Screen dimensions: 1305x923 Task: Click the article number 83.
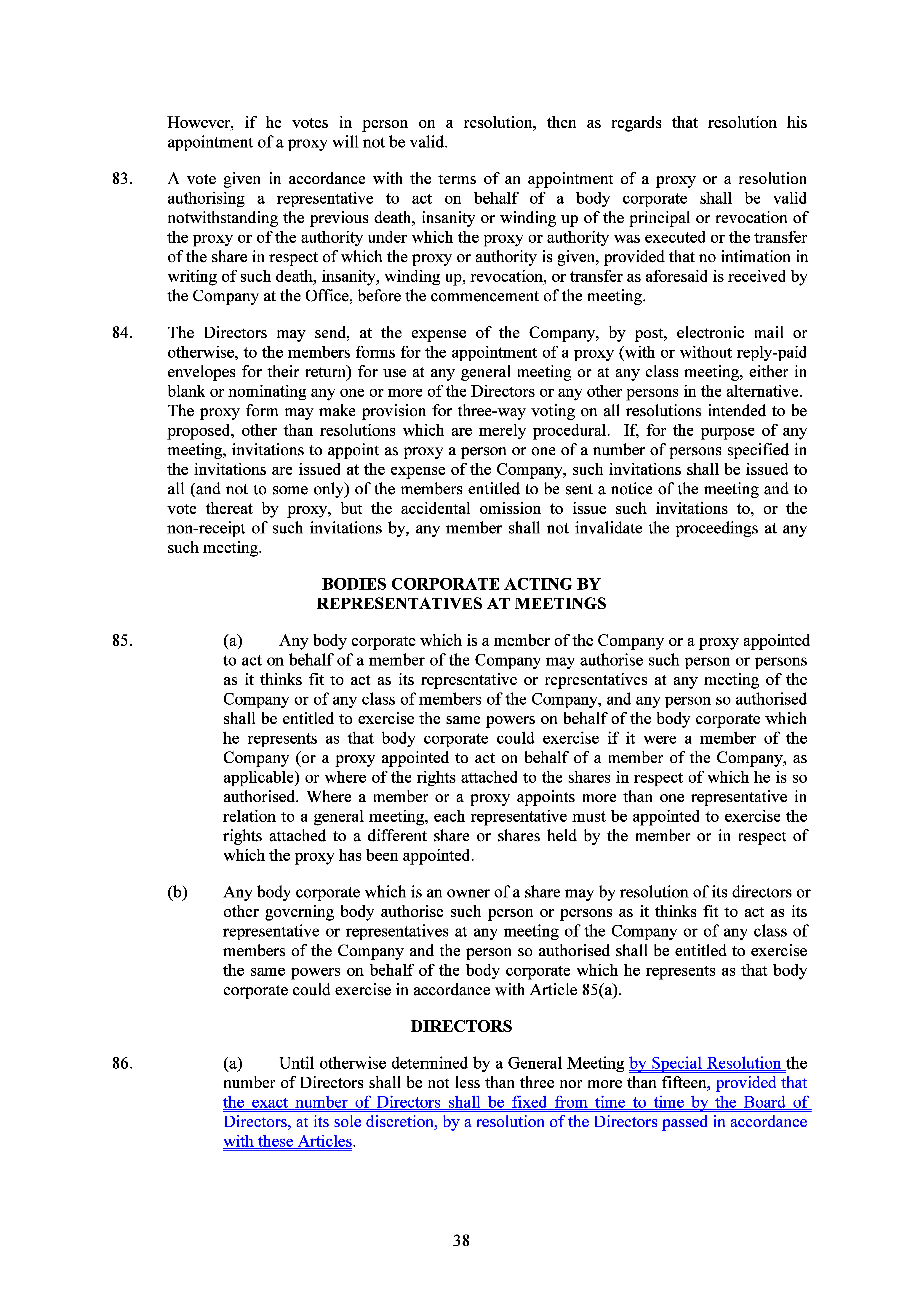[x=122, y=179]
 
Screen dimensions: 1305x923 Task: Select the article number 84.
[x=122, y=333]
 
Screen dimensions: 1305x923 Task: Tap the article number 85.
[x=122, y=641]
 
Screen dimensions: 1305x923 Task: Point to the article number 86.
[x=122, y=1063]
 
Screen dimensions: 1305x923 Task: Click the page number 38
[x=461, y=1241]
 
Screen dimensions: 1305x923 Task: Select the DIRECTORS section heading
[x=461, y=1027]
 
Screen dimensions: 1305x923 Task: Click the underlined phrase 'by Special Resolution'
[x=705, y=1063]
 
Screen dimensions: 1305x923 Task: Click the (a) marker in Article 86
[x=233, y=1063]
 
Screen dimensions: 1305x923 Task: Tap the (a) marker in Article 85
[x=233, y=641]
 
